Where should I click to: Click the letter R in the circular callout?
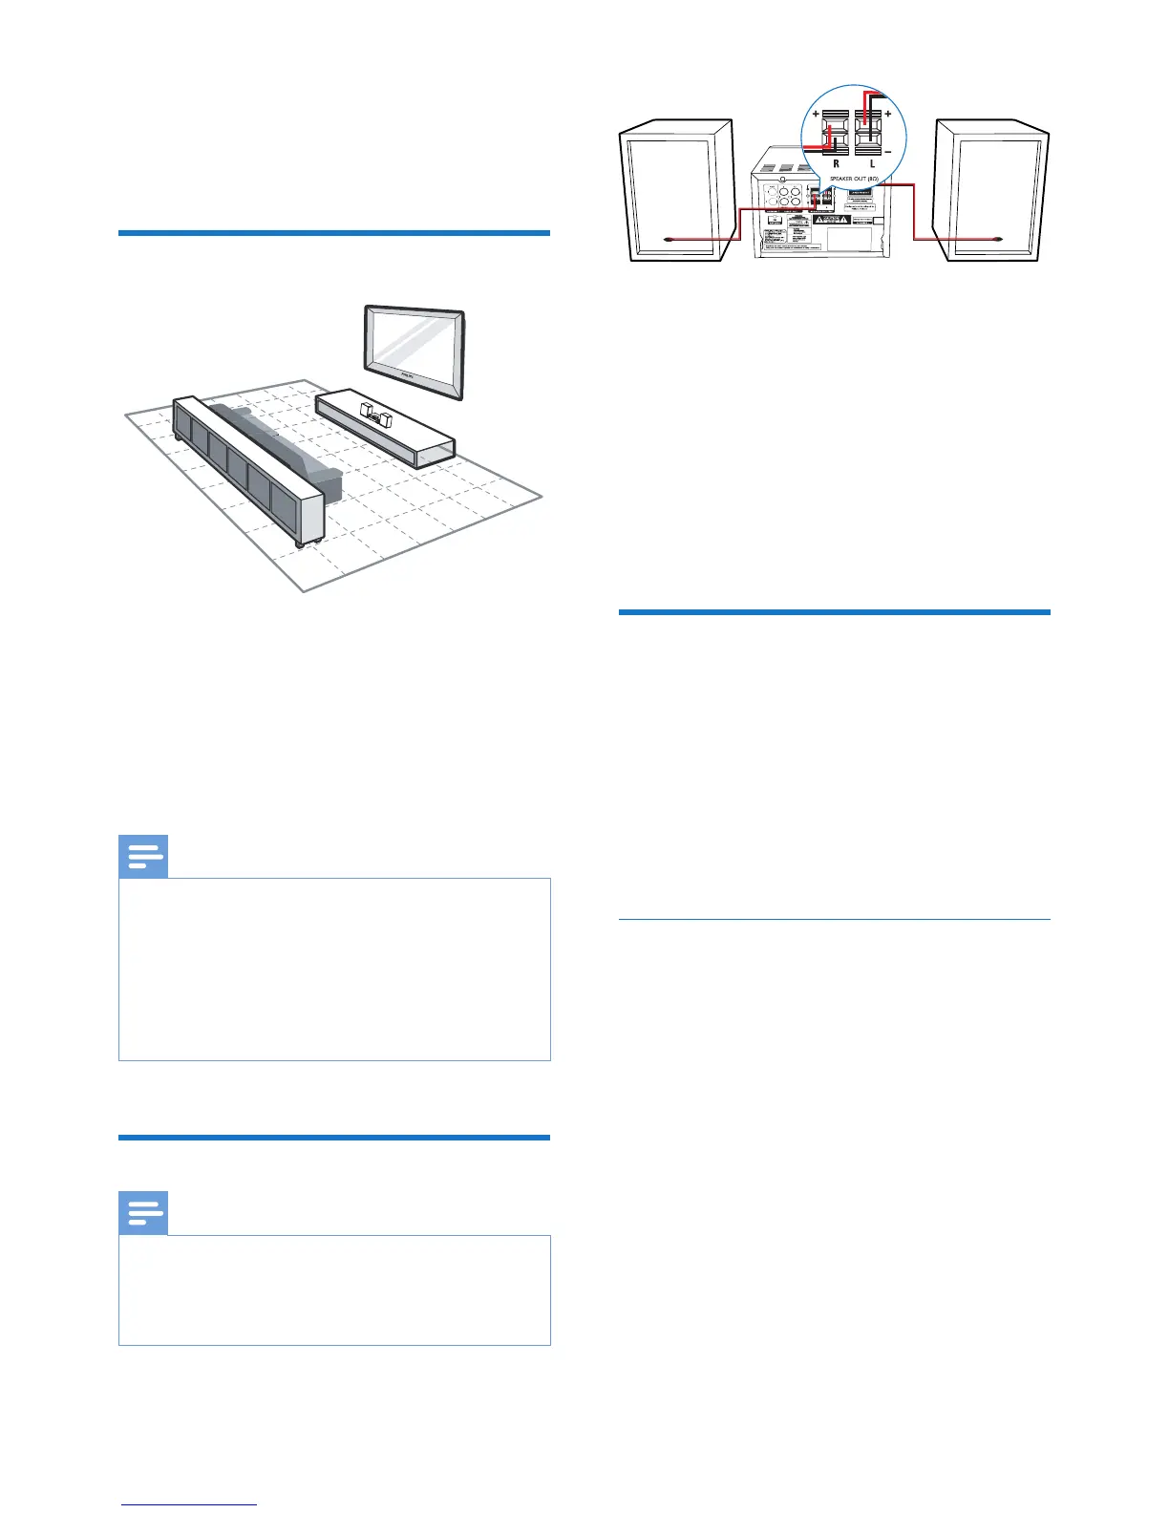836,163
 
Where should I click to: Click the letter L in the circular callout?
872,163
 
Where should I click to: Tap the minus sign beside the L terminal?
888,151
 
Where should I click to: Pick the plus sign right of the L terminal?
888,113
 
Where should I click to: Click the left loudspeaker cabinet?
676,191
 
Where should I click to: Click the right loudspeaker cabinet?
993,191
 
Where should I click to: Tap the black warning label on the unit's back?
831,219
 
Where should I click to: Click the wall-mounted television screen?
414,351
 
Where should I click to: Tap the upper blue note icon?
143,857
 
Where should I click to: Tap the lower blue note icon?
143,1214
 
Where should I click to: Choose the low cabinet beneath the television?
387,430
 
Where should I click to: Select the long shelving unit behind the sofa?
248,468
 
